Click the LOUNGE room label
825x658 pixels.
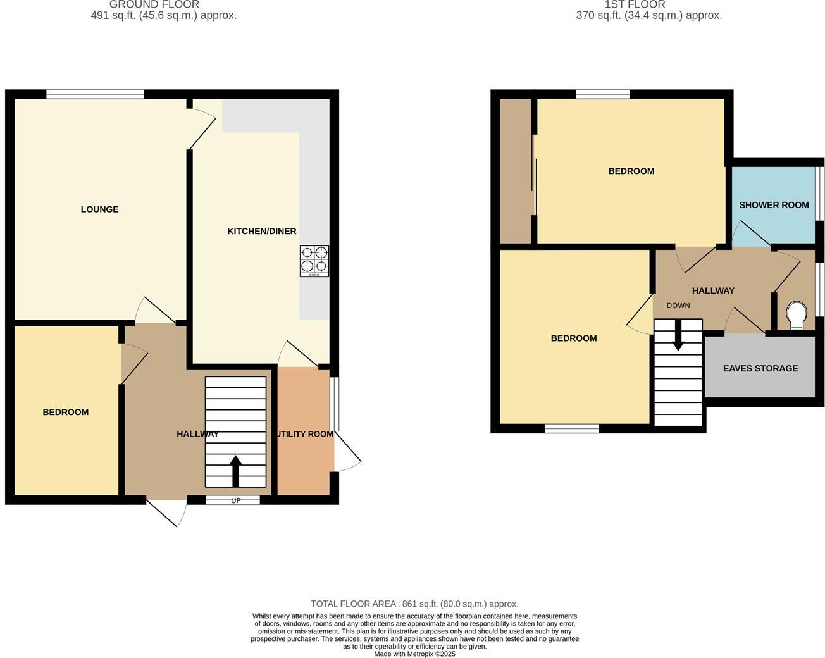coord(99,209)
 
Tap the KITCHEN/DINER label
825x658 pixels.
coord(261,232)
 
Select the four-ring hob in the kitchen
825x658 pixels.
coord(314,261)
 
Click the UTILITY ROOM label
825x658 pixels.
coord(304,434)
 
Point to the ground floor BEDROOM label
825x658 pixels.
coord(65,413)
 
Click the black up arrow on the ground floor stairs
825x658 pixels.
coord(235,471)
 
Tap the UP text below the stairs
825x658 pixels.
coord(235,500)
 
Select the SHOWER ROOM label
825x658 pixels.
coord(774,205)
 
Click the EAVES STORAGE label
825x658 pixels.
coord(760,368)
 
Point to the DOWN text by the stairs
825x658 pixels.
coord(678,306)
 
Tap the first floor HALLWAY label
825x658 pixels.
coord(713,291)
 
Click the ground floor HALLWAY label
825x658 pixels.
coord(197,434)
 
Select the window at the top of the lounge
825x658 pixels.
coord(95,95)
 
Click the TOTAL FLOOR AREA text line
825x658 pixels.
coord(414,604)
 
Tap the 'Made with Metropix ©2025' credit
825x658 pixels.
coord(414,654)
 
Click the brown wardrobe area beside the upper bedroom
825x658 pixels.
coord(515,171)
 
